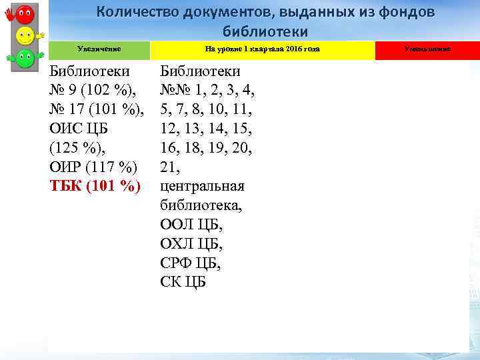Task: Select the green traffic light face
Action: (25, 58)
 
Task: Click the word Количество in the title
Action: (139, 13)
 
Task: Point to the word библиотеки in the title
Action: (265, 31)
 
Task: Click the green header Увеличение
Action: (99, 49)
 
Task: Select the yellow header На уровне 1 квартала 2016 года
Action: (262, 49)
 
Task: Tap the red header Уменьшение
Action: (427, 49)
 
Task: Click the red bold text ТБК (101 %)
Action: (95, 185)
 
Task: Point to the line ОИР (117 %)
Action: (93, 166)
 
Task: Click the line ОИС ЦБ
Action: (78, 127)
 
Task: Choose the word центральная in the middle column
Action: (202, 185)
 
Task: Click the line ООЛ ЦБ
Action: (191, 224)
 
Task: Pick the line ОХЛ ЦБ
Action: (191, 243)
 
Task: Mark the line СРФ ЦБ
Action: (191, 263)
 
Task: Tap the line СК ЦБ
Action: (183, 281)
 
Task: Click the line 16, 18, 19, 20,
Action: (205, 147)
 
